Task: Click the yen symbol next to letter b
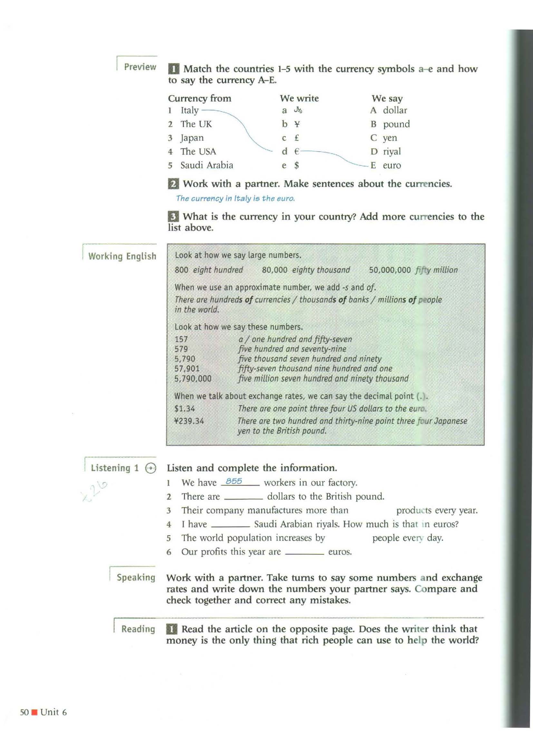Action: click(x=297, y=124)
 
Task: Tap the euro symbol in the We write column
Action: click(x=296, y=152)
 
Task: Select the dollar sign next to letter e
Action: click(x=296, y=165)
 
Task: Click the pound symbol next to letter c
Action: click(x=296, y=138)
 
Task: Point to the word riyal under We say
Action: click(x=392, y=152)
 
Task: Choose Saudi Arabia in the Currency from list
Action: click(x=207, y=165)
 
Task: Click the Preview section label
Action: click(x=140, y=67)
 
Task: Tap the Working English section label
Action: click(x=122, y=256)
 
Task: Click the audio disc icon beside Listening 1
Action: click(x=150, y=468)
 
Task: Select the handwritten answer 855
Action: click(x=234, y=481)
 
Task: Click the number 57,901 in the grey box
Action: click(x=187, y=369)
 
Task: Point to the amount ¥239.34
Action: click(x=189, y=421)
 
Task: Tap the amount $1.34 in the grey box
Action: click(x=184, y=409)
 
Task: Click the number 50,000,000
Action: click(x=390, y=270)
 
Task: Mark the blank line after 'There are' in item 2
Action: click(x=243, y=499)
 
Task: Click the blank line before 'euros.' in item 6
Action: click(x=304, y=554)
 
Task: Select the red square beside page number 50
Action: click(x=34, y=712)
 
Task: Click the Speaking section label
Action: click(x=136, y=578)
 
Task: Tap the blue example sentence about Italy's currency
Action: click(x=235, y=198)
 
